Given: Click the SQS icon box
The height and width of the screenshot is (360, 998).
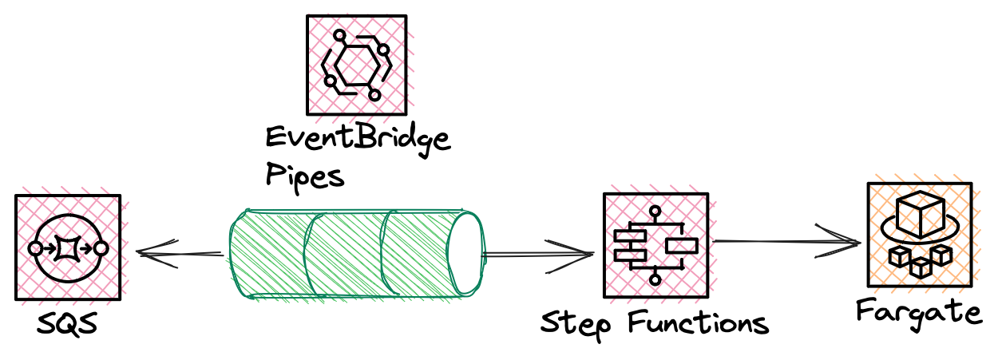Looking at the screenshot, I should tap(67, 247).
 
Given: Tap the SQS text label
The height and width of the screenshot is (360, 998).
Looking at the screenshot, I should tap(66, 325).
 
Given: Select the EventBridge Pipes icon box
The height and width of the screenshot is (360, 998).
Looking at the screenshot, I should tap(356, 65).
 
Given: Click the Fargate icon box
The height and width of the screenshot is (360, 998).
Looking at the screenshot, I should tap(919, 235).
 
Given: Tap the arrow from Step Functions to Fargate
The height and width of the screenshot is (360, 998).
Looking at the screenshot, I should tap(786, 240).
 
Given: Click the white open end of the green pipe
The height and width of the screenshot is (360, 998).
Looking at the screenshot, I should tap(467, 254).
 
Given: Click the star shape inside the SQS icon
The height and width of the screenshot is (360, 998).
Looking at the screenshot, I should tap(67, 249).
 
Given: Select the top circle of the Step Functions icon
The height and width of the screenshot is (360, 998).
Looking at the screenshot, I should tap(655, 212).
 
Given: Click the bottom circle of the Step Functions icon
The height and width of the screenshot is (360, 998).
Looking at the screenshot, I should tap(655, 279).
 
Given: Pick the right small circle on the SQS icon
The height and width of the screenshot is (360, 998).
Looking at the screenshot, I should tap(100, 249).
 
